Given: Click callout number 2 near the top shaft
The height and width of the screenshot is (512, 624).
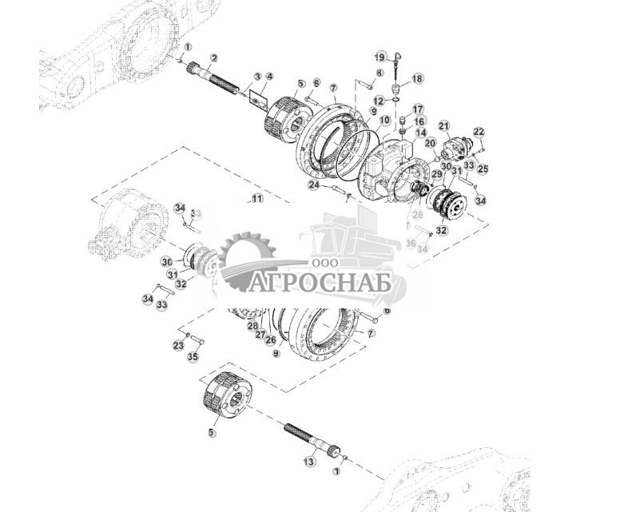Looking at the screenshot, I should click(x=213, y=58).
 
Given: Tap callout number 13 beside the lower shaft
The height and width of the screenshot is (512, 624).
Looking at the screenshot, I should click(x=309, y=462).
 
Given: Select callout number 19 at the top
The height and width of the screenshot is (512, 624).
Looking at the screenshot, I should click(x=382, y=56).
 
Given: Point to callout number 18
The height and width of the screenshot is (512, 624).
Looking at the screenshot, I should click(x=418, y=79).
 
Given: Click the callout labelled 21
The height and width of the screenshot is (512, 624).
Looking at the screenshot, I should click(x=444, y=125).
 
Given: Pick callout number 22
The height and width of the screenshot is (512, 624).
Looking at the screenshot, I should click(x=479, y=132).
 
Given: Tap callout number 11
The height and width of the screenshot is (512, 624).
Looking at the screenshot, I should click(x=256, y=198).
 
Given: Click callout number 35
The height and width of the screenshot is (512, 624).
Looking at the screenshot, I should click(x=193, y=357).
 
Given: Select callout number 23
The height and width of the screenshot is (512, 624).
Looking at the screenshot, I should click(x=178, y=345).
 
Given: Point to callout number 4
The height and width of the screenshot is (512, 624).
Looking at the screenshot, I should click(x=269, y=77).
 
